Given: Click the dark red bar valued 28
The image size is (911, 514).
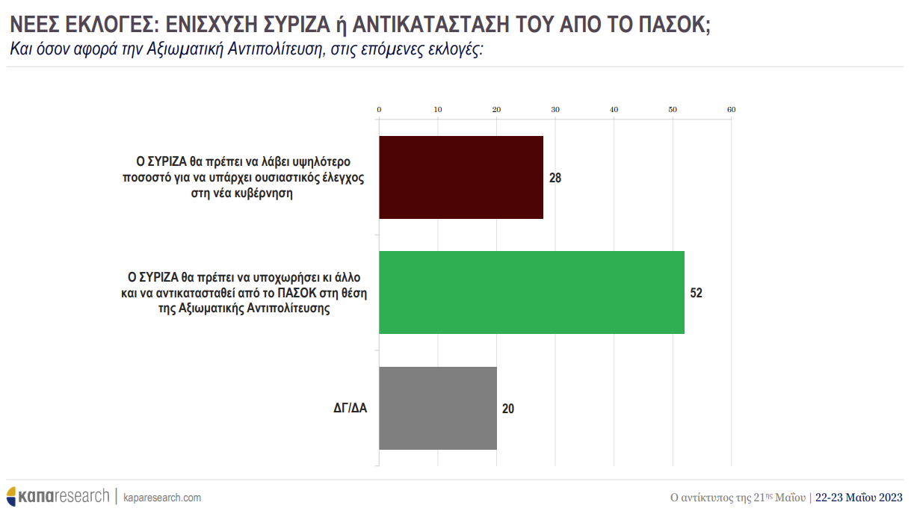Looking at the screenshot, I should point(461,177).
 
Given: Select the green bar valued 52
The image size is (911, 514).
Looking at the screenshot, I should point(531,292).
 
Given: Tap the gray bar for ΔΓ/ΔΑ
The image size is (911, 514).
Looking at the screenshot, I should point(438,408).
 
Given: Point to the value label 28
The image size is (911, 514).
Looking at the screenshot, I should point(555,178).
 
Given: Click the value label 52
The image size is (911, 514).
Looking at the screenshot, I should point(696,293).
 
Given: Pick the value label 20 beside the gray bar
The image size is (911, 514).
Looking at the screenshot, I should point(508,409).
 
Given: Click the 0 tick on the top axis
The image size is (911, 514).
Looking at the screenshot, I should point(380,110).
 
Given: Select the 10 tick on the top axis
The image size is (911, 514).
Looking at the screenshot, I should point(438,110).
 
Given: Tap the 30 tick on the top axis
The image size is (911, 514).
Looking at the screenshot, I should point(555,110).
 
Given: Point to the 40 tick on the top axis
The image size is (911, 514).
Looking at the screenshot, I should point(614,110).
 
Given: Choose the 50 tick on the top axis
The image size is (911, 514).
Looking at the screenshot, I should point(673,110).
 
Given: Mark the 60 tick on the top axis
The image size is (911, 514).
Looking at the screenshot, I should point(731,110).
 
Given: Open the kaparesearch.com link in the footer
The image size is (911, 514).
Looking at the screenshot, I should point(162,498).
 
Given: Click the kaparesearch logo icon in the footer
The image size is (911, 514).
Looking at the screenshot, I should point(13,496).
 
